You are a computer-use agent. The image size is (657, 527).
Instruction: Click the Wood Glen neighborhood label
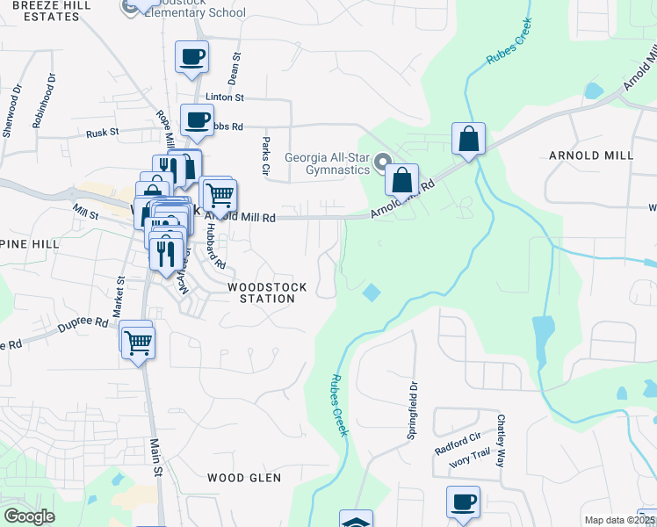(244, 478)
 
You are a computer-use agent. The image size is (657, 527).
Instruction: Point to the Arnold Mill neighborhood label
(590, 155)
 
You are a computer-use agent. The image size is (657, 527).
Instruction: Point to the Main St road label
(157, 458)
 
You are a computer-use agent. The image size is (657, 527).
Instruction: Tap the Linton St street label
(224, 97)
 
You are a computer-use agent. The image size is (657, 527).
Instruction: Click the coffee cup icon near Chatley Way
(463, 502)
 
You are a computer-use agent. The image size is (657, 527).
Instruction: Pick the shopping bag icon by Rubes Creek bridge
(469, 139)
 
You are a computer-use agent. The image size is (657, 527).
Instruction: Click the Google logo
(29, 516)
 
